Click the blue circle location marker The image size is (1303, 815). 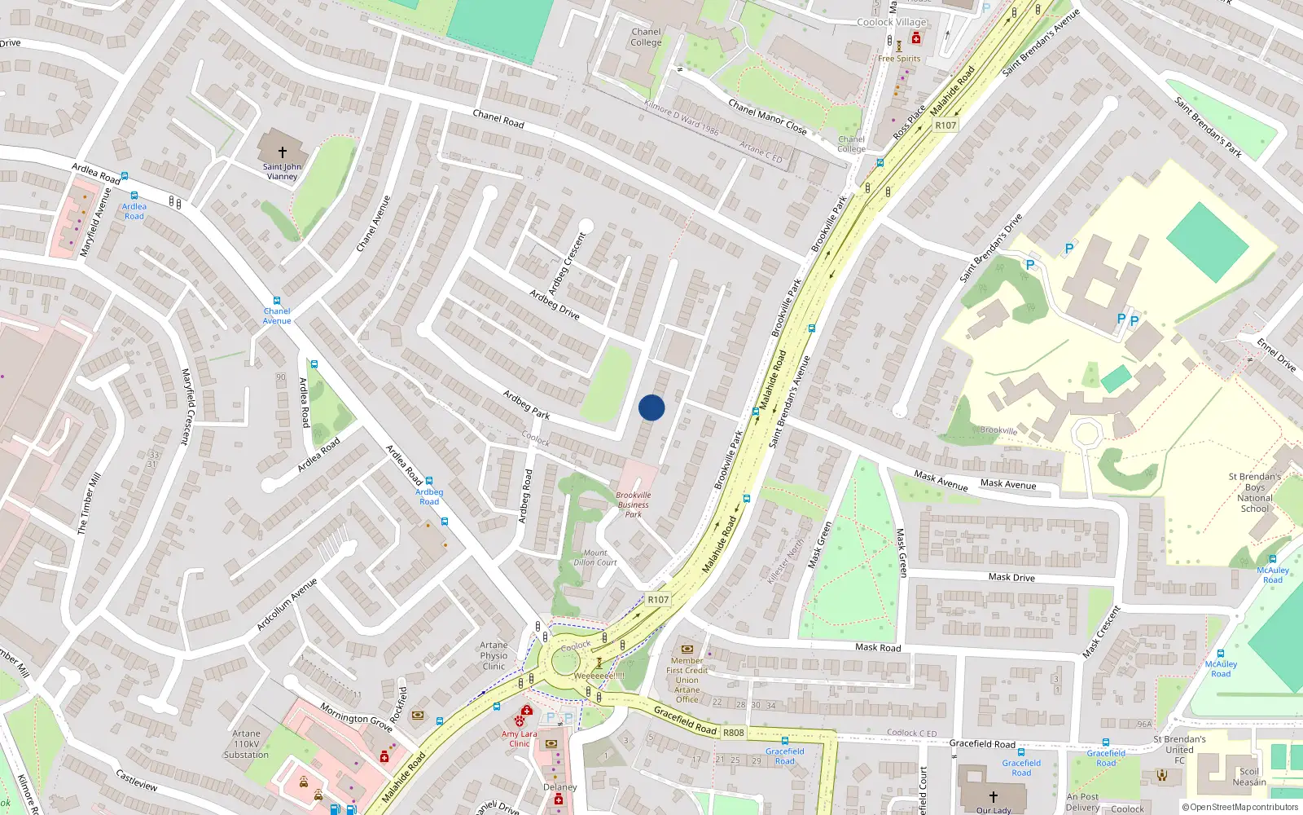pos(651,407)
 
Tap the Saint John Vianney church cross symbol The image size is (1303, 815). pos(283,152)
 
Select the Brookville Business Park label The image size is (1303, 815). pos(634,504)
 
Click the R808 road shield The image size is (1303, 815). pos(734,733)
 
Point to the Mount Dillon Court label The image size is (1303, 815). pos(595,557)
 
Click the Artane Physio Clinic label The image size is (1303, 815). pos(494,655)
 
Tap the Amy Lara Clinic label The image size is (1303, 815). pos(520,738)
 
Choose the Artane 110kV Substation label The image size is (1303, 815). pos(246,744)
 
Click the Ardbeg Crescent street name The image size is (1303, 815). pos(568,264)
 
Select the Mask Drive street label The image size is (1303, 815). pos(1011,577)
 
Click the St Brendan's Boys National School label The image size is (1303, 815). pos(1254,492)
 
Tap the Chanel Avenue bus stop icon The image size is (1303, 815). pos(277,301)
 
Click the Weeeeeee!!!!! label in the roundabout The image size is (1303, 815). pos(599,676)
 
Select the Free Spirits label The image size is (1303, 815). pos(899,59)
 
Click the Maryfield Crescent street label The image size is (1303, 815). pos(186,406)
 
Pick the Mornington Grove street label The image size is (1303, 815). pos(356,717)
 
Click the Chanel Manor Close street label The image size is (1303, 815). pos(767,117)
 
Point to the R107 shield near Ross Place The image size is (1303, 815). pos(945,126)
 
